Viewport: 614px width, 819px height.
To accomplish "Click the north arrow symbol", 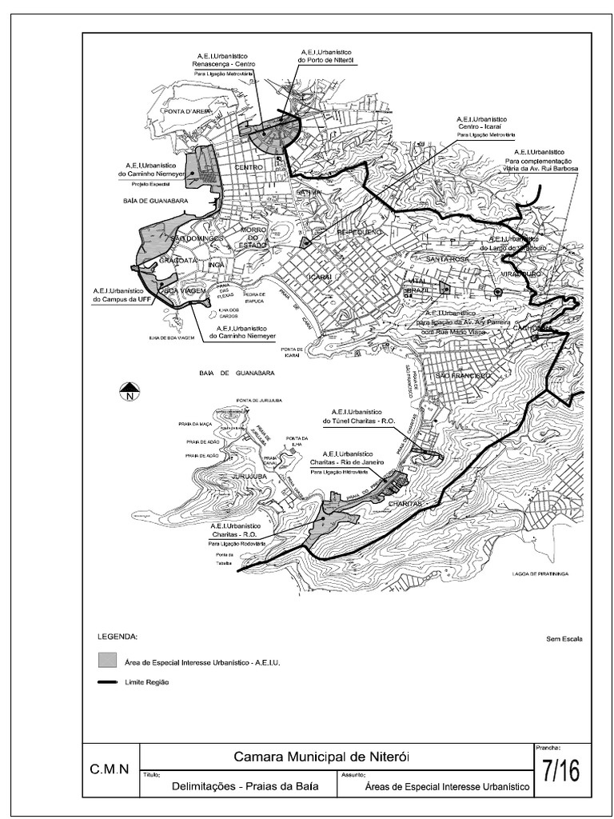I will [x=130, y=391].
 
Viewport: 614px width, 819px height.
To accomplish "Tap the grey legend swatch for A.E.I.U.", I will [x=106, y=661].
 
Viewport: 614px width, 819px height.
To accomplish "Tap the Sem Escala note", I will [x=564, y=639].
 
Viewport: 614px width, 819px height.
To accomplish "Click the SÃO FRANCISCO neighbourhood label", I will [x=460, y=376].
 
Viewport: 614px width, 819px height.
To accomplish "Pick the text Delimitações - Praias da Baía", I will [x=245, y=786].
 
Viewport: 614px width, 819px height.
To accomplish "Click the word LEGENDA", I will [x=118, y=638].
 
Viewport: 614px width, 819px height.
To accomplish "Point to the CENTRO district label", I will [x=249, y=167].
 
